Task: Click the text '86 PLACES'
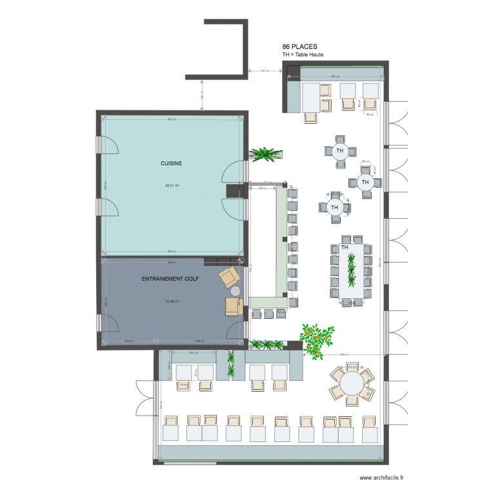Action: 300,47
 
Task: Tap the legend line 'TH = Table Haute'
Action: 302,55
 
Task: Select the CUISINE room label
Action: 171,164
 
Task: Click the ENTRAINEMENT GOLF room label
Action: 170,279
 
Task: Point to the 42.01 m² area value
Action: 172,185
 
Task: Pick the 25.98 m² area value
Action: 172,301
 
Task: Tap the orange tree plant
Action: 317,339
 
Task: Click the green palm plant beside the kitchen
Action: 265,154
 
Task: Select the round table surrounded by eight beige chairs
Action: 352,385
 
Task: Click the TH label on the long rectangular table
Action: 345,247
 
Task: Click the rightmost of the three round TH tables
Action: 365,183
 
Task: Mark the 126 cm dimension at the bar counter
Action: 263,189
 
